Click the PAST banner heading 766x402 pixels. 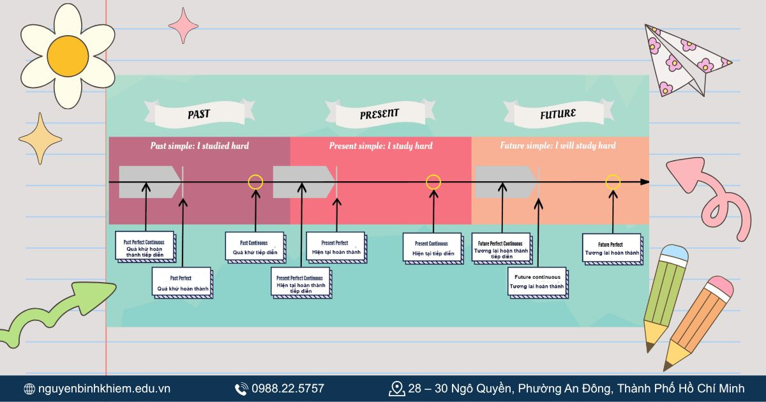[x=199, y=115]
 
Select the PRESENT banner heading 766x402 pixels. [x=379, y=114]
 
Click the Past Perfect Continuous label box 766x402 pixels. [x=144, y=246]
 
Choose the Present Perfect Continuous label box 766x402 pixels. [x=299, y=284]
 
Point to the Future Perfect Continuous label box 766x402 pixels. [x=501, y=249]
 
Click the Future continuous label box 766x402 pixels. [x=537, y=282]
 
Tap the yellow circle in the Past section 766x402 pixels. [x=255, y=182]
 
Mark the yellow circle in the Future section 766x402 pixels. [x=613, y=182]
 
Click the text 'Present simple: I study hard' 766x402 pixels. [x=380, y=146]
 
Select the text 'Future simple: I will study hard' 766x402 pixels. [x=557, y=146]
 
